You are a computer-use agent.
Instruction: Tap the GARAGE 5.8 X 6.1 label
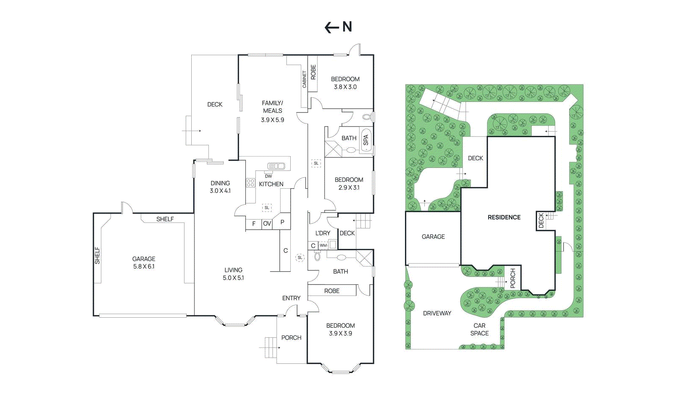[143, 262]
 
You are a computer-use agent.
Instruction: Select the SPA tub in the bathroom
[366, 140]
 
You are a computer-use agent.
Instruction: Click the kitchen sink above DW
[276, 166]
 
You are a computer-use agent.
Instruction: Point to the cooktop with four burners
[250, 183]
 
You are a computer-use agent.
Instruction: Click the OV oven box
[267, 223]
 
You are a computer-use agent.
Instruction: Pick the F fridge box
[253, 223]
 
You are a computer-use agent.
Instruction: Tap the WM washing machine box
[323, 245]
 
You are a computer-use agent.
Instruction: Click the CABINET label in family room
[304, 80]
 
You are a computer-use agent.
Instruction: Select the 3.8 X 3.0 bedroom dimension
[345, 87]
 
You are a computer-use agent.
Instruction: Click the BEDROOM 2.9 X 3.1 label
[349, 183]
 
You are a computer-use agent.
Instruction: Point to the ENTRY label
[291, 298]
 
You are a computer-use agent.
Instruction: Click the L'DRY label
[322, 233]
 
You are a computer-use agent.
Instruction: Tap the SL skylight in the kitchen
[267, 208]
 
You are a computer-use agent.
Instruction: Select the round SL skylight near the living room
[300, 257]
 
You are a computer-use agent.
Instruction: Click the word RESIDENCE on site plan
[504, 217]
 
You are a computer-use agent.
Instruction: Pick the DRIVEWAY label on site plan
[437, 313]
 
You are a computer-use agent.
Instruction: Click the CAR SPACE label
[479, 329]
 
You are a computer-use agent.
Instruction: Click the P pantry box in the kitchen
[282, 222]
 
